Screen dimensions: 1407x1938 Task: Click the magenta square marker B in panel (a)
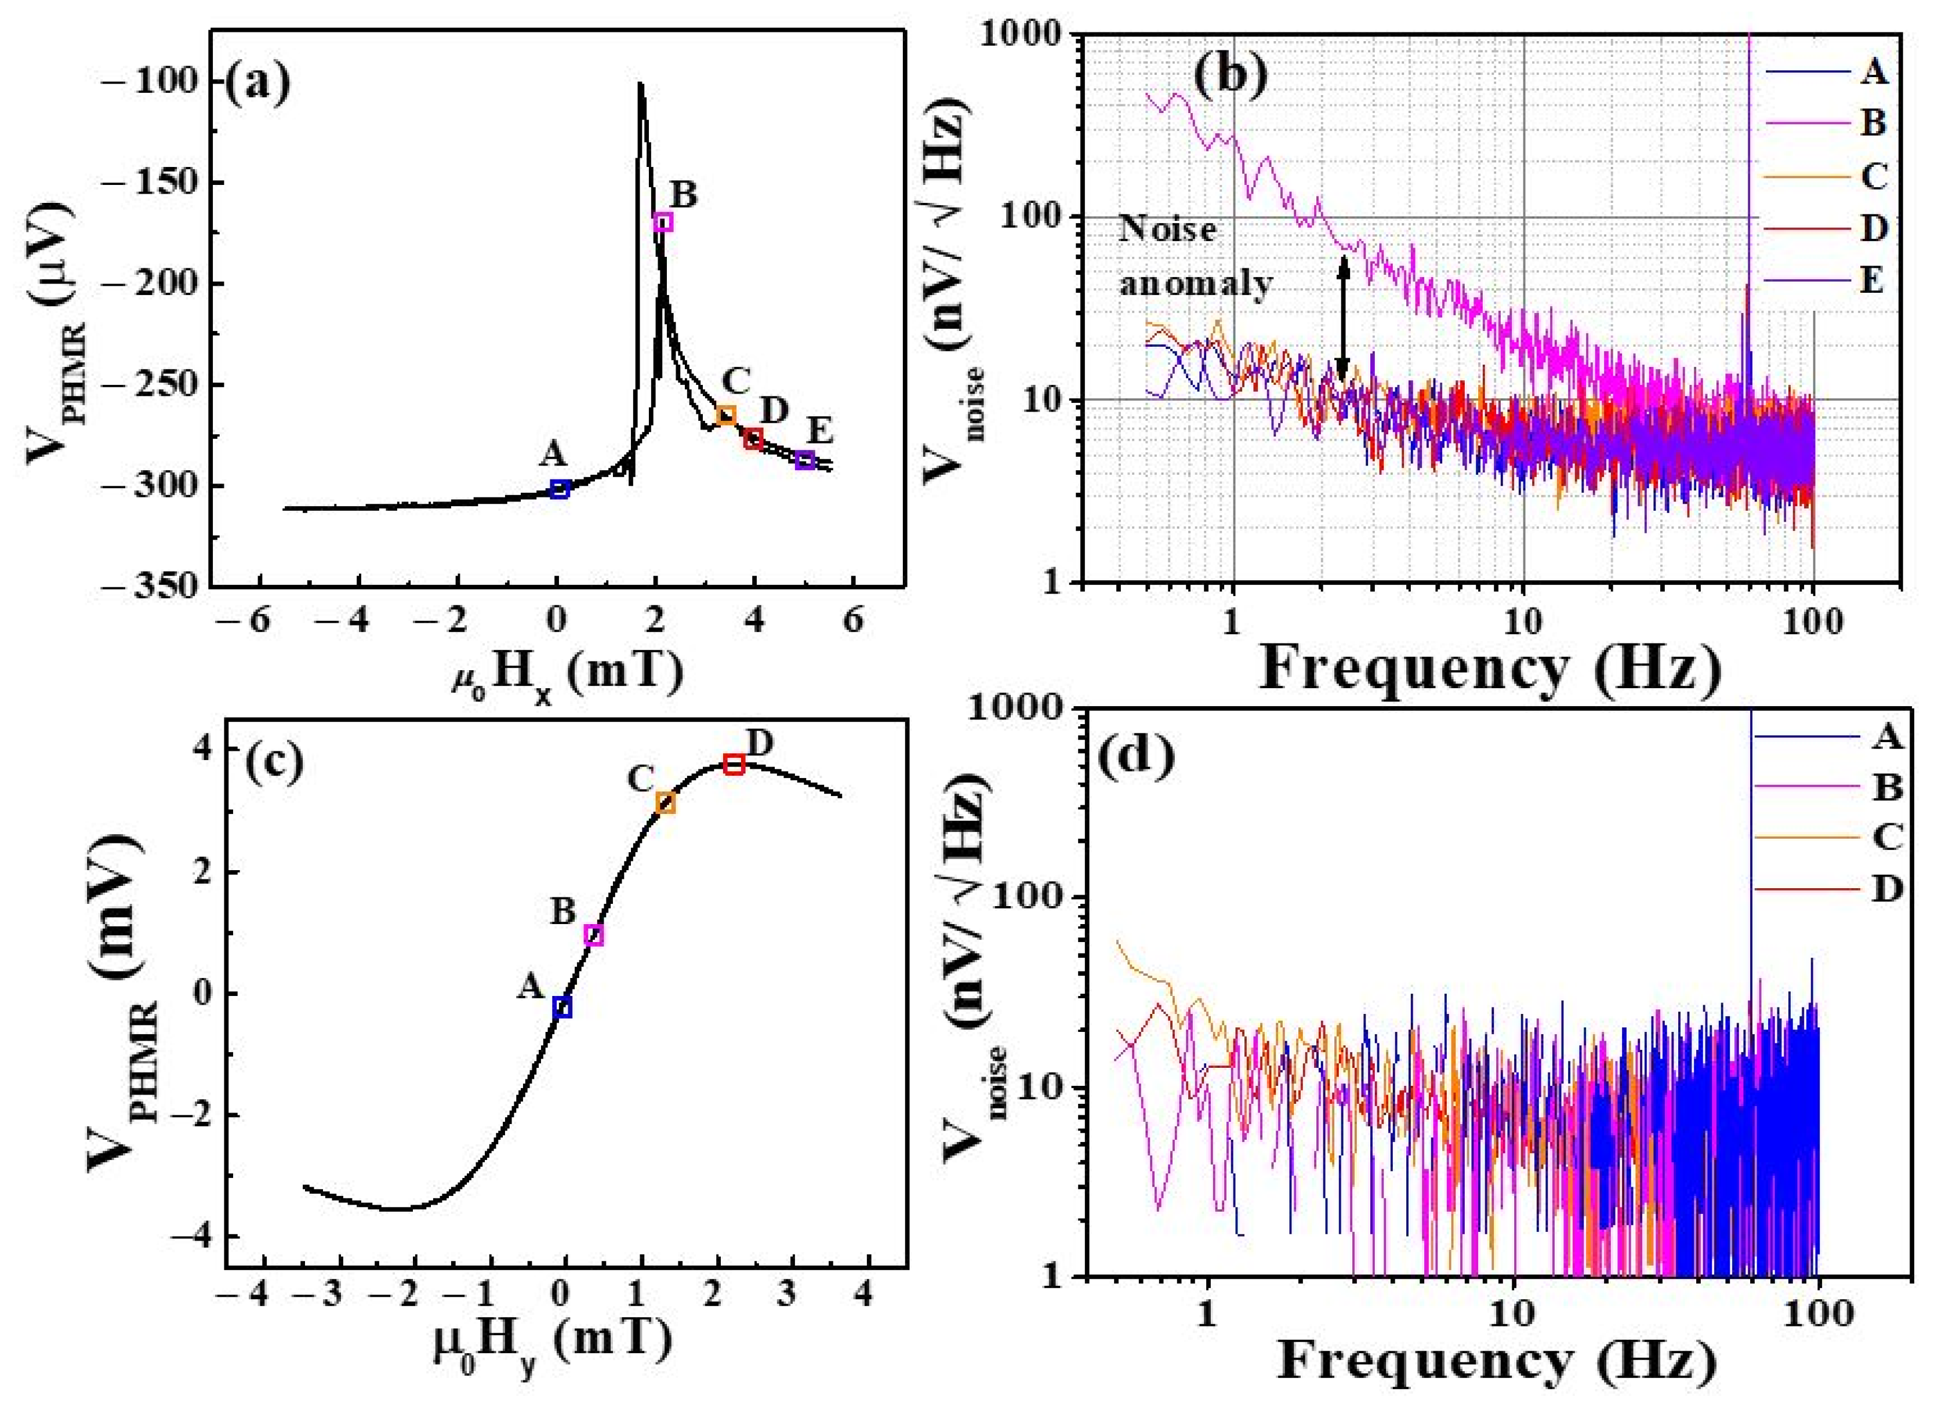(663, 222)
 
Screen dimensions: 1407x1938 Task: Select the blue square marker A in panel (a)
(560, 489)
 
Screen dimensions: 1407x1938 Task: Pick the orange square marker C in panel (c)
(666, 803)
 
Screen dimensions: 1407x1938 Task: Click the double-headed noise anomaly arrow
(1342, 319)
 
